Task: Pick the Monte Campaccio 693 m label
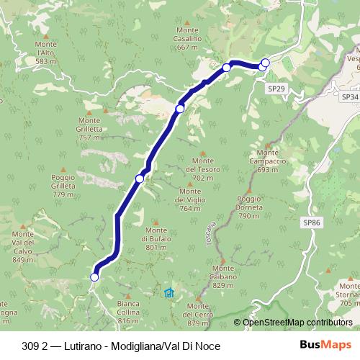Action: (267, 161)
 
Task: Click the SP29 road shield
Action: (276, 88)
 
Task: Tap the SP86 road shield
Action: (311, 223)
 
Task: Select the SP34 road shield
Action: (349, 96)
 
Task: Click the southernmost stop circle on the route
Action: (94, 276)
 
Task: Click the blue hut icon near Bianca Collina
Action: (168, 292)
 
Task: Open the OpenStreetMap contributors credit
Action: (297, 323)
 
